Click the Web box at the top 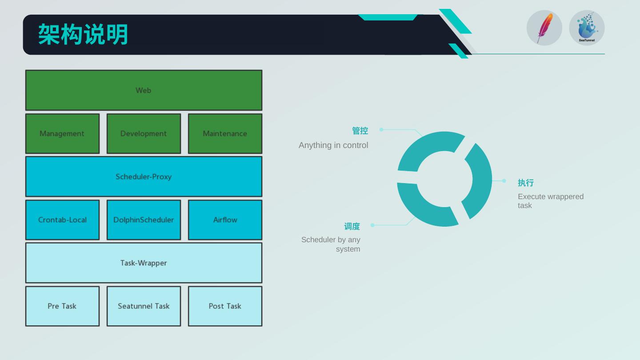point(144,90)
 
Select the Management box point(62,133)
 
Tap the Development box point(144,133)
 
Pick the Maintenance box point(225,133)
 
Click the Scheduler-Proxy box point(144,176)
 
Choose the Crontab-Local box point(62,220)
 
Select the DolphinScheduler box point(144,220)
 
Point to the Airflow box point(225,220)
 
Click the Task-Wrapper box point(144,263)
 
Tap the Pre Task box point(62,306)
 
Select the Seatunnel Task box point(144,306)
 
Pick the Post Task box point(225,306)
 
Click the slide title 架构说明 point(83,34)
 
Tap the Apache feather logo point(544,28)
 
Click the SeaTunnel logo point(587,28)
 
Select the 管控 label point(360,131)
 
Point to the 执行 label point(525,183)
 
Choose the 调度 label point(352,226)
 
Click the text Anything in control point(333,145)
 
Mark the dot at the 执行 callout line point(504,181)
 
